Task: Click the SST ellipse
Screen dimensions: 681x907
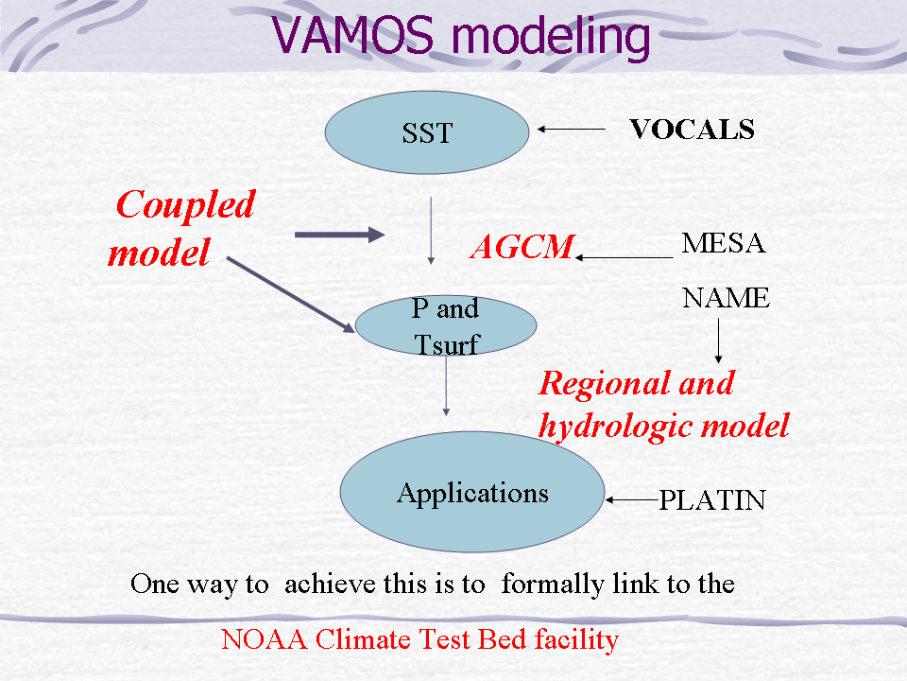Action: click(427, 133)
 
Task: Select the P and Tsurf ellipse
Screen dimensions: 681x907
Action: click(446, 324)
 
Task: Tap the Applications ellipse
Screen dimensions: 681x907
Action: click(472, 493)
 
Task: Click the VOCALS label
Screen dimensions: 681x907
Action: click(692, 130)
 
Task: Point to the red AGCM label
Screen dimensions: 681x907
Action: click(522, 247)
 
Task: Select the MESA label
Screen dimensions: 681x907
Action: click(723, 243)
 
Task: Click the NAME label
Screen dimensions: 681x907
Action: click(726, 299)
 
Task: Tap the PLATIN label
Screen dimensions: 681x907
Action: click(711, 499)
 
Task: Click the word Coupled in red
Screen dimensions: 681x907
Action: click(186, 203)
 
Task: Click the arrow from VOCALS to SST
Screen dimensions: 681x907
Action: click(572, 130)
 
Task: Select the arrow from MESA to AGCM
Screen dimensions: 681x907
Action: click(624, 256)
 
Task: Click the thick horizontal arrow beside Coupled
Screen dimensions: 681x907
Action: click(340, 235)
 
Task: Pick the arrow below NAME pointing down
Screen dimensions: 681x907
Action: click(719, 340)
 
